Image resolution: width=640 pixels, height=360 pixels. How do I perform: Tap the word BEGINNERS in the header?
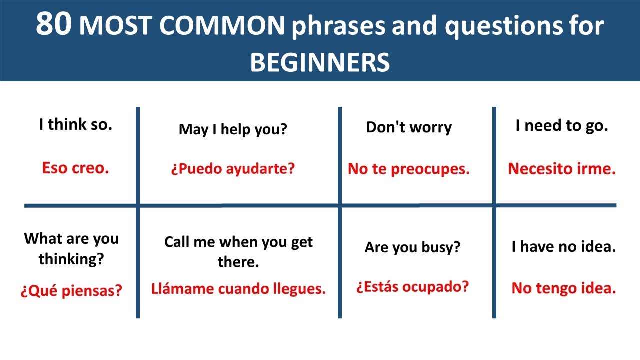(x=320, y=62)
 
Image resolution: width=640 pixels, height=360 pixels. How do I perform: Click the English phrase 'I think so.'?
(x=76, y=125)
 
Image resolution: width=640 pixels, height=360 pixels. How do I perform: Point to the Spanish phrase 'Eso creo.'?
(x=76, y=168)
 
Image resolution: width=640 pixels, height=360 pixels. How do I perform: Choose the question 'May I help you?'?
(x=233, y=129)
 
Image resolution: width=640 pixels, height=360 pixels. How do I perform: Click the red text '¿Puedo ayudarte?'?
(x=233, y=169)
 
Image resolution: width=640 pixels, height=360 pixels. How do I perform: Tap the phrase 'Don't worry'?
(x=409, y=127)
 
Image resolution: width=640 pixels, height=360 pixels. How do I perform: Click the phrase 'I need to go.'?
(x=562, y=126)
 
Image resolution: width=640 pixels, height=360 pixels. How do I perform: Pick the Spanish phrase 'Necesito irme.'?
(x=562, y=169)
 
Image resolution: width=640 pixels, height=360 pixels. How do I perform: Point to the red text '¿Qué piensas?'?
(x=71, y=290)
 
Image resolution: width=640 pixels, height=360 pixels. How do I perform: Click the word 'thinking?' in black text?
(x=71, y=259)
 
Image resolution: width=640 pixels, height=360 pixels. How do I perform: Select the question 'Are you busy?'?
(x=412, y=247)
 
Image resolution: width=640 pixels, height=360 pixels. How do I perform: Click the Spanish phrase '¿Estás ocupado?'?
(x=412, y=287)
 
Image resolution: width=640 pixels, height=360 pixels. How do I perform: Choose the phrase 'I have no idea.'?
(x=563, y=246)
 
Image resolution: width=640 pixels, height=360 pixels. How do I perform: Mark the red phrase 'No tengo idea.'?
(x=563, y=288)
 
